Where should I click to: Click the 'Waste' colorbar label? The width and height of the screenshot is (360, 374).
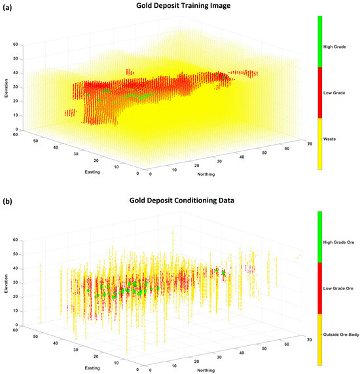(330, 138)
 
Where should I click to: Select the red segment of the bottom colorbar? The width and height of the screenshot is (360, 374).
(319, 288)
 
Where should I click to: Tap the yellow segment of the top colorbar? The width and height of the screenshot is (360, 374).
(319, 143)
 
